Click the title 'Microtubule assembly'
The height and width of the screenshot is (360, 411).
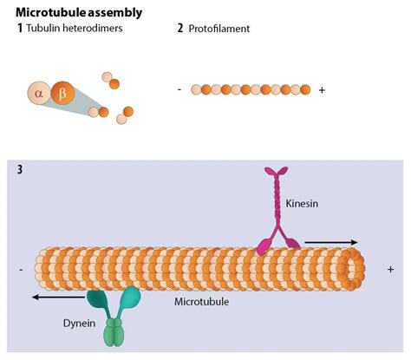(x=79, y=12)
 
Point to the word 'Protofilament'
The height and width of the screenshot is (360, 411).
(x=219, y=29)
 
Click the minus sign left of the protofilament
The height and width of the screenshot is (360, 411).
(x=179, y=89)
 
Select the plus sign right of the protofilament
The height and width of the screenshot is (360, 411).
(x=323, y=89)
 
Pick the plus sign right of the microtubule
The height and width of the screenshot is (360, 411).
(x=390, y=270)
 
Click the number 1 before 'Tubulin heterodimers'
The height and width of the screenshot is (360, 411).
(x=19, y=29)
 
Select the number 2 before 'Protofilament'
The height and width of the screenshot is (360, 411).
(x=179, y=29)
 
